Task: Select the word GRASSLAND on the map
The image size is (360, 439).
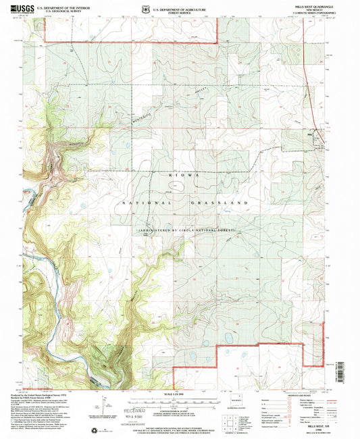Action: pos(223,203)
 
